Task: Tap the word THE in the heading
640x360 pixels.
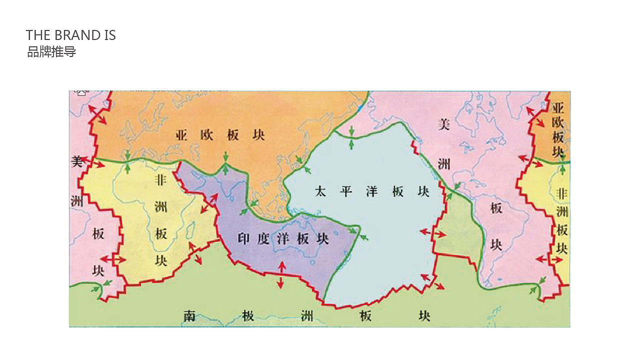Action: coord(38,35)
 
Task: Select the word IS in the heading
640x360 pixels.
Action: coord(110,35)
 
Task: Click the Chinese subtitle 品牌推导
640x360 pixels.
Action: coord(51,51)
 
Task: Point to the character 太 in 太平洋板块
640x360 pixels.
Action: coord(320,191)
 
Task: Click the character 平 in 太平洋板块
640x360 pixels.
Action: coord(346,191)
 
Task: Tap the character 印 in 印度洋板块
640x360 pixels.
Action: coord(243,238)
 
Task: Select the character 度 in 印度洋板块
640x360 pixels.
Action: coord(263,238)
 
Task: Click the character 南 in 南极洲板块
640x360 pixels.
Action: coord(189,315)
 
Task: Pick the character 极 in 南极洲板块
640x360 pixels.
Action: coord(247,315)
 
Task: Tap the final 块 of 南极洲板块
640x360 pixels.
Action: coord(424,315)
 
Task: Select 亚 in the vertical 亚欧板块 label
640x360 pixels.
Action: coord(558,107)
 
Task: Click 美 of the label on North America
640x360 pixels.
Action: coord(444,124)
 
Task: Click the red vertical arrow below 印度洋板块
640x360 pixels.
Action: coord(280,275)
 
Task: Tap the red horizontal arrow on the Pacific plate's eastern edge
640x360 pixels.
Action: coord(432,233)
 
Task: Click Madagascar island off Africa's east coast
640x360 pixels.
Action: coord(190,231)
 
